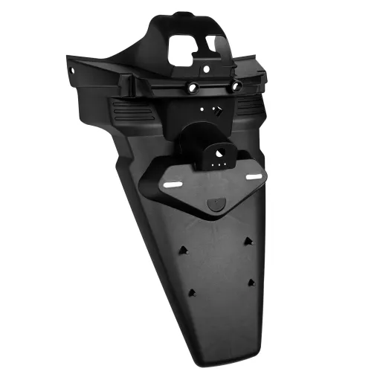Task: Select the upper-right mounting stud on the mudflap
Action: pyautogui.click(x=247, y=241)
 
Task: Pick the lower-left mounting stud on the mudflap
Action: pyautogui.click(x=192, y=293)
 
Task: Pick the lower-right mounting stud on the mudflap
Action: pyautogui.click(x=251, y=283)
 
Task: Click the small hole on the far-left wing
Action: pyautogui.click(x=74, y=68)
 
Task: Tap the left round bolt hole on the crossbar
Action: pyautogui.click(x=193, y=88)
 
